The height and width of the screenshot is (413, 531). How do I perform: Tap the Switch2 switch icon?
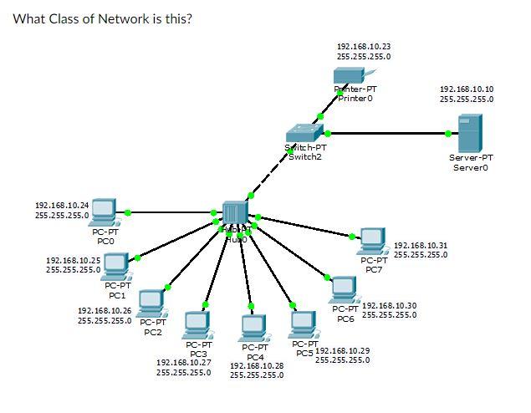point(304,134)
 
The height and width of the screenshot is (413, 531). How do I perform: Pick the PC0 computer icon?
point(104,212)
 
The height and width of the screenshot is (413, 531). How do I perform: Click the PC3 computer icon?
point(197,324)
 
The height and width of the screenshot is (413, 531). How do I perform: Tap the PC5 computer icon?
point(303,323)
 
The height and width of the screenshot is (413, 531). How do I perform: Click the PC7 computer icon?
point(371,241)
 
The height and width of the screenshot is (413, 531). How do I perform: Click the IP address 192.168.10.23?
point(363,46)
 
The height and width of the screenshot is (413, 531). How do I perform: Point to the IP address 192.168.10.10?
point(466,88)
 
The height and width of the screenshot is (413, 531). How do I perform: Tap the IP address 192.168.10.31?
point(420,245)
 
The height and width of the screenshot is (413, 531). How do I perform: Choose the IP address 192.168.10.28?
point(257,365)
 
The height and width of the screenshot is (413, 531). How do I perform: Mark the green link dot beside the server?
point(449,133)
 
